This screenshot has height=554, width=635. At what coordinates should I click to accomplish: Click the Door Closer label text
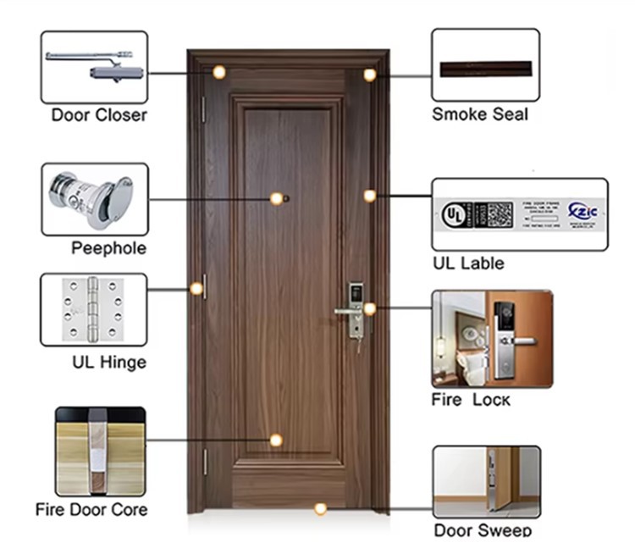coord(99,115)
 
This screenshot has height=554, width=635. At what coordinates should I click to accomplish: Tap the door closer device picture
coord(94,67)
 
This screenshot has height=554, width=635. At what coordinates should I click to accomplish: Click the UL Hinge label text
coord(109,363)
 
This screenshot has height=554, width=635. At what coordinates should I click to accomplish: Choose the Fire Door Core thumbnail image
coord(100,451)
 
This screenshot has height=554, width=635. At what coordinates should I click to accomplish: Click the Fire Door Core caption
coord(91,510)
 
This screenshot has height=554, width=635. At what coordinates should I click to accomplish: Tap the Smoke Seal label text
coord(480,115)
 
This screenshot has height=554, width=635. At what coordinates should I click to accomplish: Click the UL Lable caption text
coord(468,263)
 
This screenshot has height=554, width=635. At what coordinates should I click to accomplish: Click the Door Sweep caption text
coord(483,531)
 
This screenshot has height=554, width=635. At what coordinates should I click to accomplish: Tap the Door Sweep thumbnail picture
coord(486,482)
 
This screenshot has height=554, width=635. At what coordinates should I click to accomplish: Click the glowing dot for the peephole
coord(276,198)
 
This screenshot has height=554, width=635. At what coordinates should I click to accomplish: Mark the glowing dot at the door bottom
coord(320,509)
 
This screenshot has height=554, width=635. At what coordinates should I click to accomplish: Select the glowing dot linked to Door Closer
coord(218,73)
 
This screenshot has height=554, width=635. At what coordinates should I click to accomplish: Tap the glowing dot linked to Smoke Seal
coord(370,75)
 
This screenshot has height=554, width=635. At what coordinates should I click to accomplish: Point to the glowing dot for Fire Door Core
coord(276,440)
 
